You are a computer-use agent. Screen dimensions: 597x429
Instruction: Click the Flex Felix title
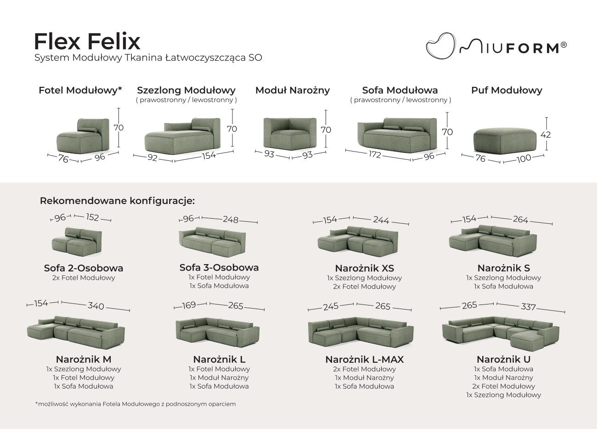87,42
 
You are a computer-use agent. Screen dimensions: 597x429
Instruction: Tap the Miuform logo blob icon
441,46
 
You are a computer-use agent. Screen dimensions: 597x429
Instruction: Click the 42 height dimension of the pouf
545,135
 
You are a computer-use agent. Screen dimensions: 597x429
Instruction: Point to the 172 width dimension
375,155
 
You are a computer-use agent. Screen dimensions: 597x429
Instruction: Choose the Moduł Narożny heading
293,90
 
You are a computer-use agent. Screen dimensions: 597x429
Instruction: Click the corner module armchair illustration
290,134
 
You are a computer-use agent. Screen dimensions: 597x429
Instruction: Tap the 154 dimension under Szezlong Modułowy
208,155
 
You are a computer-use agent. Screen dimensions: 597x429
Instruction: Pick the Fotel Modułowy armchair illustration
83,136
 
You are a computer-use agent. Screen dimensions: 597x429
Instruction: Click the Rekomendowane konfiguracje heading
117,201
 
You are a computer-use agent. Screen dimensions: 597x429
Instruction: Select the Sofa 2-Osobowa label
84,268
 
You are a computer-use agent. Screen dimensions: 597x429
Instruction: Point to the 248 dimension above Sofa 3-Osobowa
231,220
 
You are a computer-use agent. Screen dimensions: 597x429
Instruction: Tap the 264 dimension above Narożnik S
520,220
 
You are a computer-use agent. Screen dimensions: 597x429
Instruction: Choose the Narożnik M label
84,359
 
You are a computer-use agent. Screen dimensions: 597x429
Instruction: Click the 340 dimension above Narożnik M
96,306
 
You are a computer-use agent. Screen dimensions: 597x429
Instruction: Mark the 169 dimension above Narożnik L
189,305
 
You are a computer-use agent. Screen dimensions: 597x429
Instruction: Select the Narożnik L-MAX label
364,360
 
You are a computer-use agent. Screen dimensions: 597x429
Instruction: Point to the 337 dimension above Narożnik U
528,307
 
